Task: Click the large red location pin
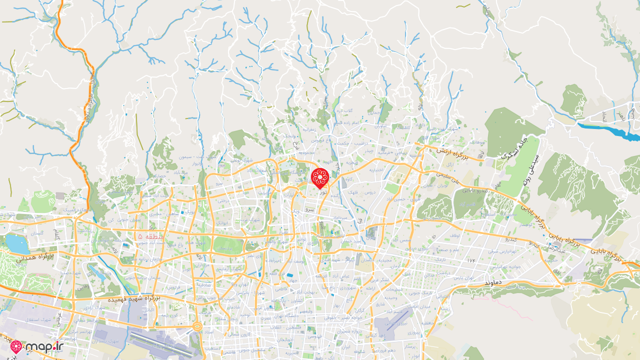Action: click(x=319, y=178)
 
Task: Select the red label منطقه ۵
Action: click(x=147, y=235)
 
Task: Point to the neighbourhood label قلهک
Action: click(x=353, y=192)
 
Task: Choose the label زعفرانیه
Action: click(x=308, y=129)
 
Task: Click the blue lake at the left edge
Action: click(x=18, y=244)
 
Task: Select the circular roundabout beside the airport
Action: click(x=197, y=327)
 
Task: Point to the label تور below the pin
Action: click(x=323, y=192)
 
